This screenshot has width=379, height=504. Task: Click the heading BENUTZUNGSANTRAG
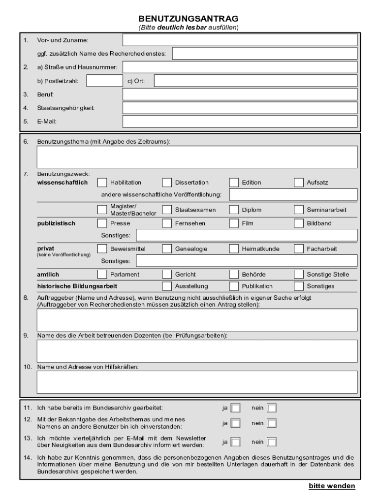tap(189, 19)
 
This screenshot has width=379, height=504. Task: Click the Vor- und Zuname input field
tap(240, 40)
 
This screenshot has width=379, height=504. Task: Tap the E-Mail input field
tap(240, 121)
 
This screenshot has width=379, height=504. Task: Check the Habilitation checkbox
tap(102, 183)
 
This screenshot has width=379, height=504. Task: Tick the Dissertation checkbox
tap(167, 183)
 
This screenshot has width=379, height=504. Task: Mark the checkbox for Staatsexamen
tap(167, 210)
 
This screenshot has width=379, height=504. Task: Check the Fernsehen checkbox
tap(167, 223)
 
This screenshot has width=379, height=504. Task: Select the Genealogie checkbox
tap(167, 249)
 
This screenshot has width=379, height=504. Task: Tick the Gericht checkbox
tap(167, 274)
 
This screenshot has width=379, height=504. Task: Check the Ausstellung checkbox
tap(167, 286)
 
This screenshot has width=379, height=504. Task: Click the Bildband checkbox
tap(299, 223)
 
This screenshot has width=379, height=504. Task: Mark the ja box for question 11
tap(236, 408)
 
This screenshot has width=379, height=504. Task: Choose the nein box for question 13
tap(271, 441)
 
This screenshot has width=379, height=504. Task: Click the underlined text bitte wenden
tap(331, 486)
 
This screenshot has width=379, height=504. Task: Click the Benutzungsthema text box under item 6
tap(197, 157)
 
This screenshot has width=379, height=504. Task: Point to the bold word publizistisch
tap(56, 223)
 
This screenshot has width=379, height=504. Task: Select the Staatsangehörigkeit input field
tap(240, 108)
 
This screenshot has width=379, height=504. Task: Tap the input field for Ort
tap(255, 81)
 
